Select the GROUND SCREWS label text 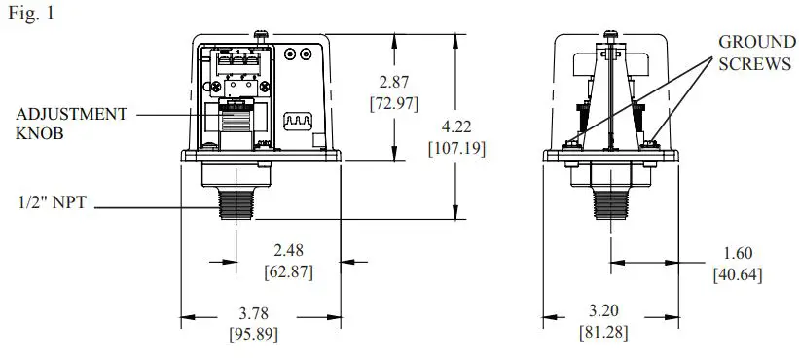click(754, 54)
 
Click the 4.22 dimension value click(456, 128)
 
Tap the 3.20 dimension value click(604, 313)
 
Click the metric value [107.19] click(456, 148)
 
